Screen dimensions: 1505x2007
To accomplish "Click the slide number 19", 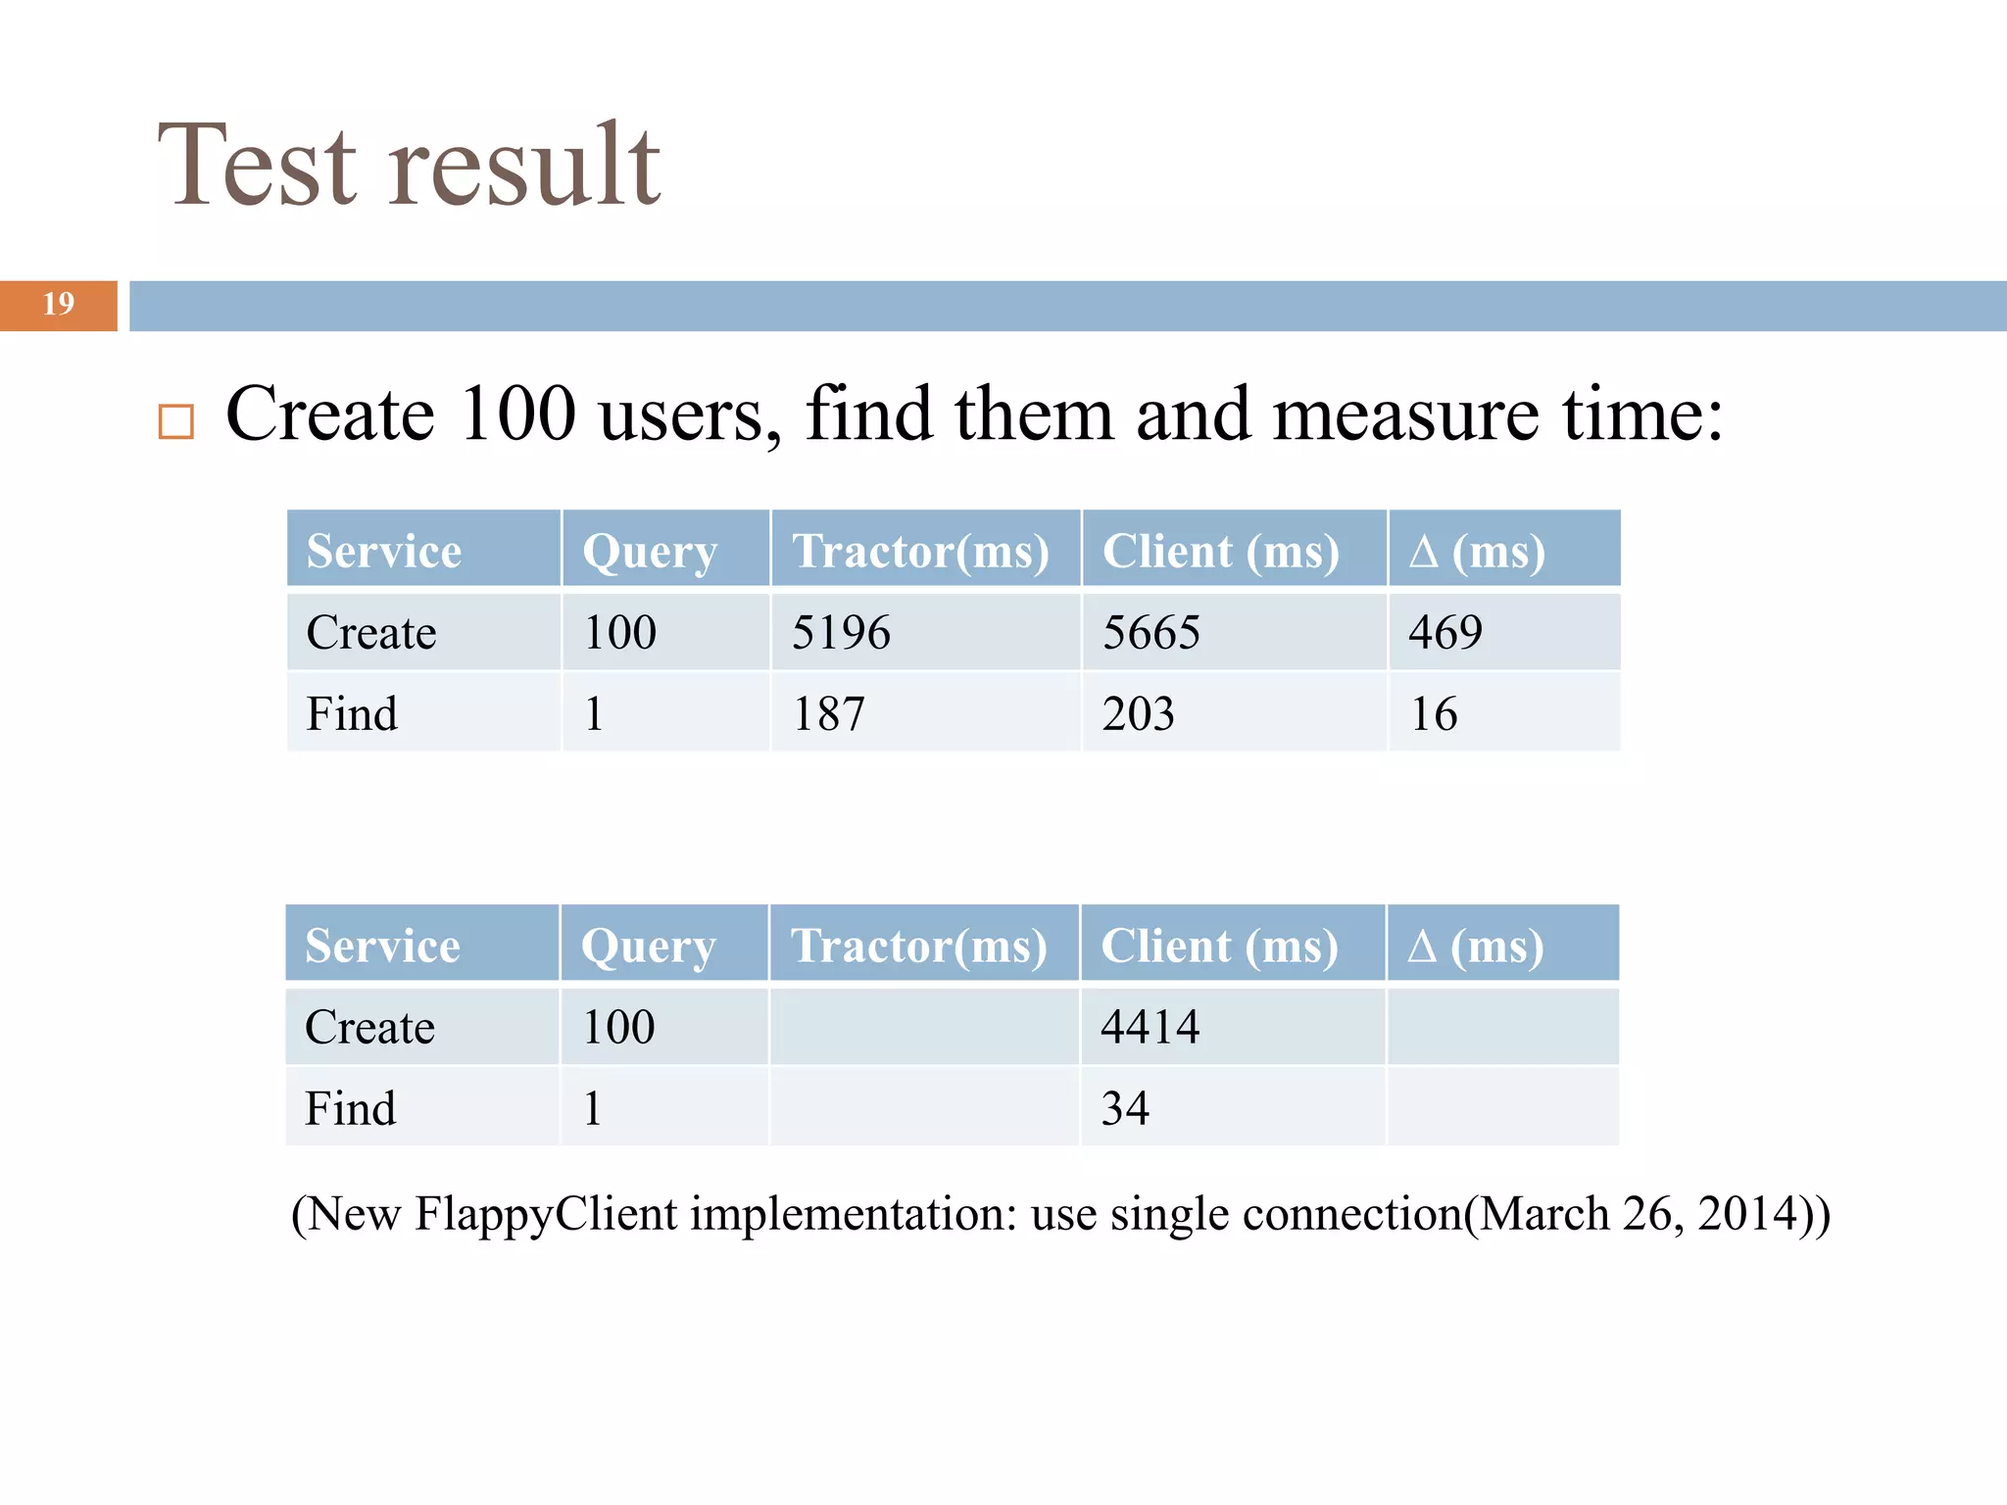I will (59, 304).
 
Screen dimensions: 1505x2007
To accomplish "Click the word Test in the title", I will (258, 167).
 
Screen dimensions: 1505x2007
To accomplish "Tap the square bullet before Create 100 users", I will (176, 421).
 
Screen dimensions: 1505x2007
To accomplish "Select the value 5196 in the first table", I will (841, 632).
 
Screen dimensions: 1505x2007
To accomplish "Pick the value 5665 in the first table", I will (1150, 632).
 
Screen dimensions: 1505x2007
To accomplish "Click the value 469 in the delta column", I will (1445, 632).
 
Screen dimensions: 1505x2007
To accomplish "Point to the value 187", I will (828, 713).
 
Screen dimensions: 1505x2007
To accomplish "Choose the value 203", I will (1138, 713).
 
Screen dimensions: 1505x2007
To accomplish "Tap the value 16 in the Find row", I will (1434, 713).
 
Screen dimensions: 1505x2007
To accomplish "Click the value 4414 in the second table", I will (1150, 1027).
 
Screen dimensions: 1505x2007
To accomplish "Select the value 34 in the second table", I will (1125, 1108).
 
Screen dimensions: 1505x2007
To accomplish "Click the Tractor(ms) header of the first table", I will (920, 551).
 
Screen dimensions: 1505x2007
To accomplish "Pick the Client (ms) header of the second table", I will (1219, 946).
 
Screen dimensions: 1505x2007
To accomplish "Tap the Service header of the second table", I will (382, 946).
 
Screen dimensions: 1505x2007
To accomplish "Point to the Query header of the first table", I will (650, 551).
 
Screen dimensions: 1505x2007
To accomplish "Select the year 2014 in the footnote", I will (1746, 1214).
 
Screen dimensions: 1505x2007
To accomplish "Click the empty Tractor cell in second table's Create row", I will (924, 1027).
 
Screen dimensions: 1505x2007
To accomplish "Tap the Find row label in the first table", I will (352, 713).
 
